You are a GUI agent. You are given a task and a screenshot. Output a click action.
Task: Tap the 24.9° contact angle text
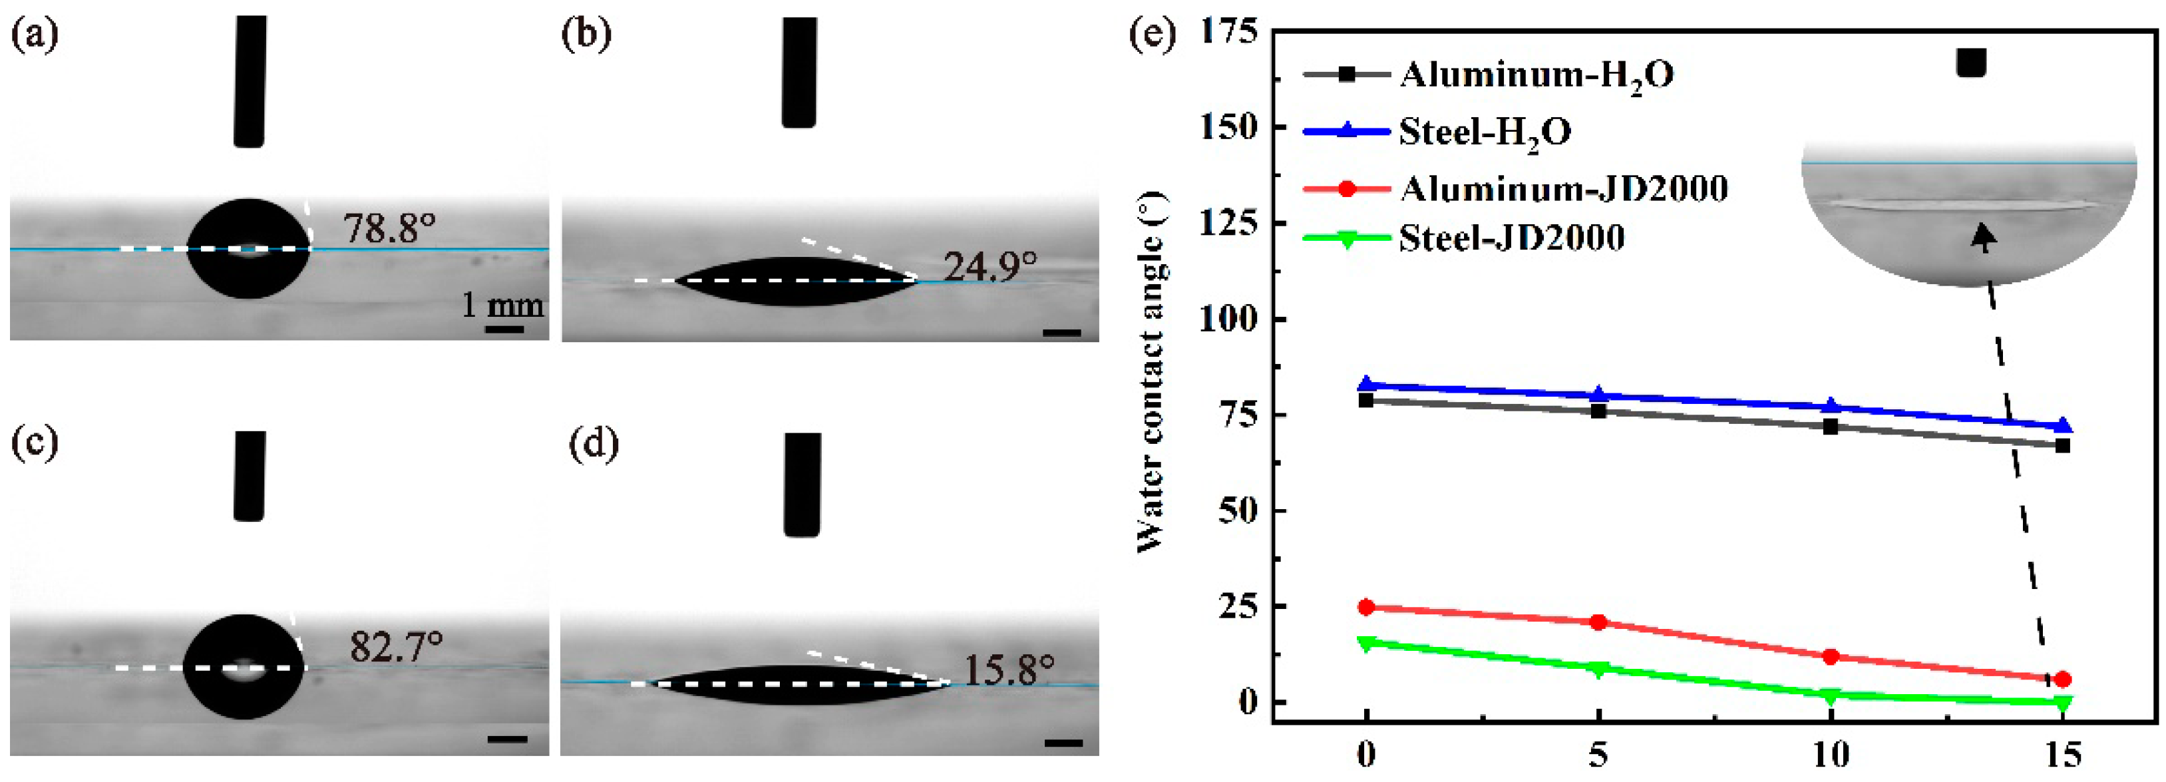tap(990, 268)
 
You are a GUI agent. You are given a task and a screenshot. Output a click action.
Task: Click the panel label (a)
tap(35, 35)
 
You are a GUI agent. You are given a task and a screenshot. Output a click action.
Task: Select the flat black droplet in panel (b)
tap(795, 281)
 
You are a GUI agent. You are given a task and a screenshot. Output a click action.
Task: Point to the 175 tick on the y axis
tap(1229, 31)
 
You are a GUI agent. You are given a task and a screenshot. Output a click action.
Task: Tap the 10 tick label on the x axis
tap(1830, 755)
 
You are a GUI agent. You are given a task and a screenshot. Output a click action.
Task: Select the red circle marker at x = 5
tap(1598, 622)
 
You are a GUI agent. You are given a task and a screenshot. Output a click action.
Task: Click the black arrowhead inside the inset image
tap(1984, 237)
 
